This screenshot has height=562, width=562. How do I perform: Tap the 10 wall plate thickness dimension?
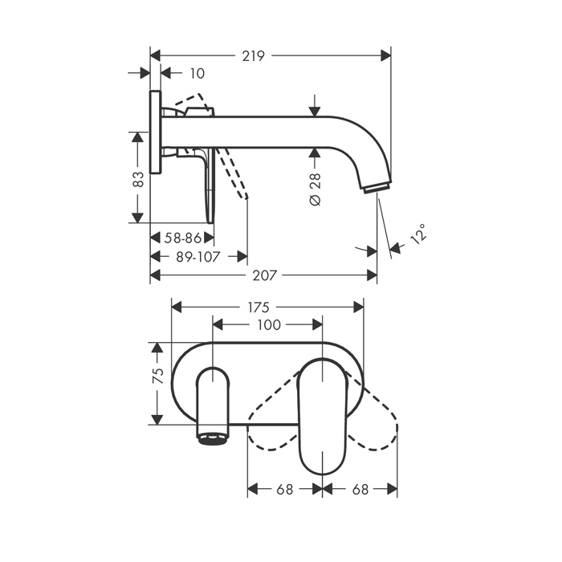coord(198,73)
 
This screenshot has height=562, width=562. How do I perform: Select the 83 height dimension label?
coord(138,177)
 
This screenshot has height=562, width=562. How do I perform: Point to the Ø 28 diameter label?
coord(315,189)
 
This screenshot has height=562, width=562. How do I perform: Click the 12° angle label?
coord(417,234)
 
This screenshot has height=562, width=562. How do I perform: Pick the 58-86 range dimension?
coord(181,238)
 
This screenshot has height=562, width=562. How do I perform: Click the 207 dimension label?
coord(264,275)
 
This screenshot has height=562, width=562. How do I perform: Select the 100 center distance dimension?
coord(269,325)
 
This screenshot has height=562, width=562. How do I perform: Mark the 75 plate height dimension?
coord(158,374)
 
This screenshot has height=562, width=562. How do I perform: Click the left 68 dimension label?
coord(284,489)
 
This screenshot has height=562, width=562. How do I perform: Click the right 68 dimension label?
coord(360,489)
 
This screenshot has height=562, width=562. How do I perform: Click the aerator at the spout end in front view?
coord(213,438)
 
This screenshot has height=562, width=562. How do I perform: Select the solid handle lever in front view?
coord(321,417)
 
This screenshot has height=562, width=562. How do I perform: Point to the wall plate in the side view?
coord(155,132)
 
